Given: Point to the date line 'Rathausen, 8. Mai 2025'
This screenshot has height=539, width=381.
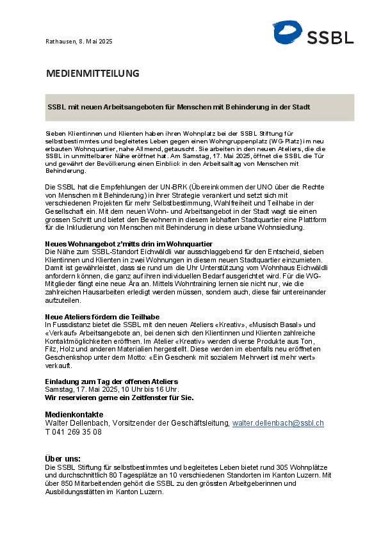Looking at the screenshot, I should [79, 41].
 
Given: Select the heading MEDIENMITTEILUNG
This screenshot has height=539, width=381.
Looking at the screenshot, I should [92, 74].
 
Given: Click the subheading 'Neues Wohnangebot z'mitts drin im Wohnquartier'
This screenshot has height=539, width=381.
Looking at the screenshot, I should [129, 244].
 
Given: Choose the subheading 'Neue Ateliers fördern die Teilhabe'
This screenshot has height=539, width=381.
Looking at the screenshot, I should [102, 317].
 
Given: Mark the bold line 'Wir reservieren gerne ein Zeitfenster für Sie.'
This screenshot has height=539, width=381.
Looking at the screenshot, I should [119, 397].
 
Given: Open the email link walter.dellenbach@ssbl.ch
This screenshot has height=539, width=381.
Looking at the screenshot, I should [278, 423].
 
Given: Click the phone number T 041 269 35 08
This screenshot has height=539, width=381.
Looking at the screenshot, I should [73, 432].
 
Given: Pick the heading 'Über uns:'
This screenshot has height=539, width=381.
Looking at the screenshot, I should [63, 459].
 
